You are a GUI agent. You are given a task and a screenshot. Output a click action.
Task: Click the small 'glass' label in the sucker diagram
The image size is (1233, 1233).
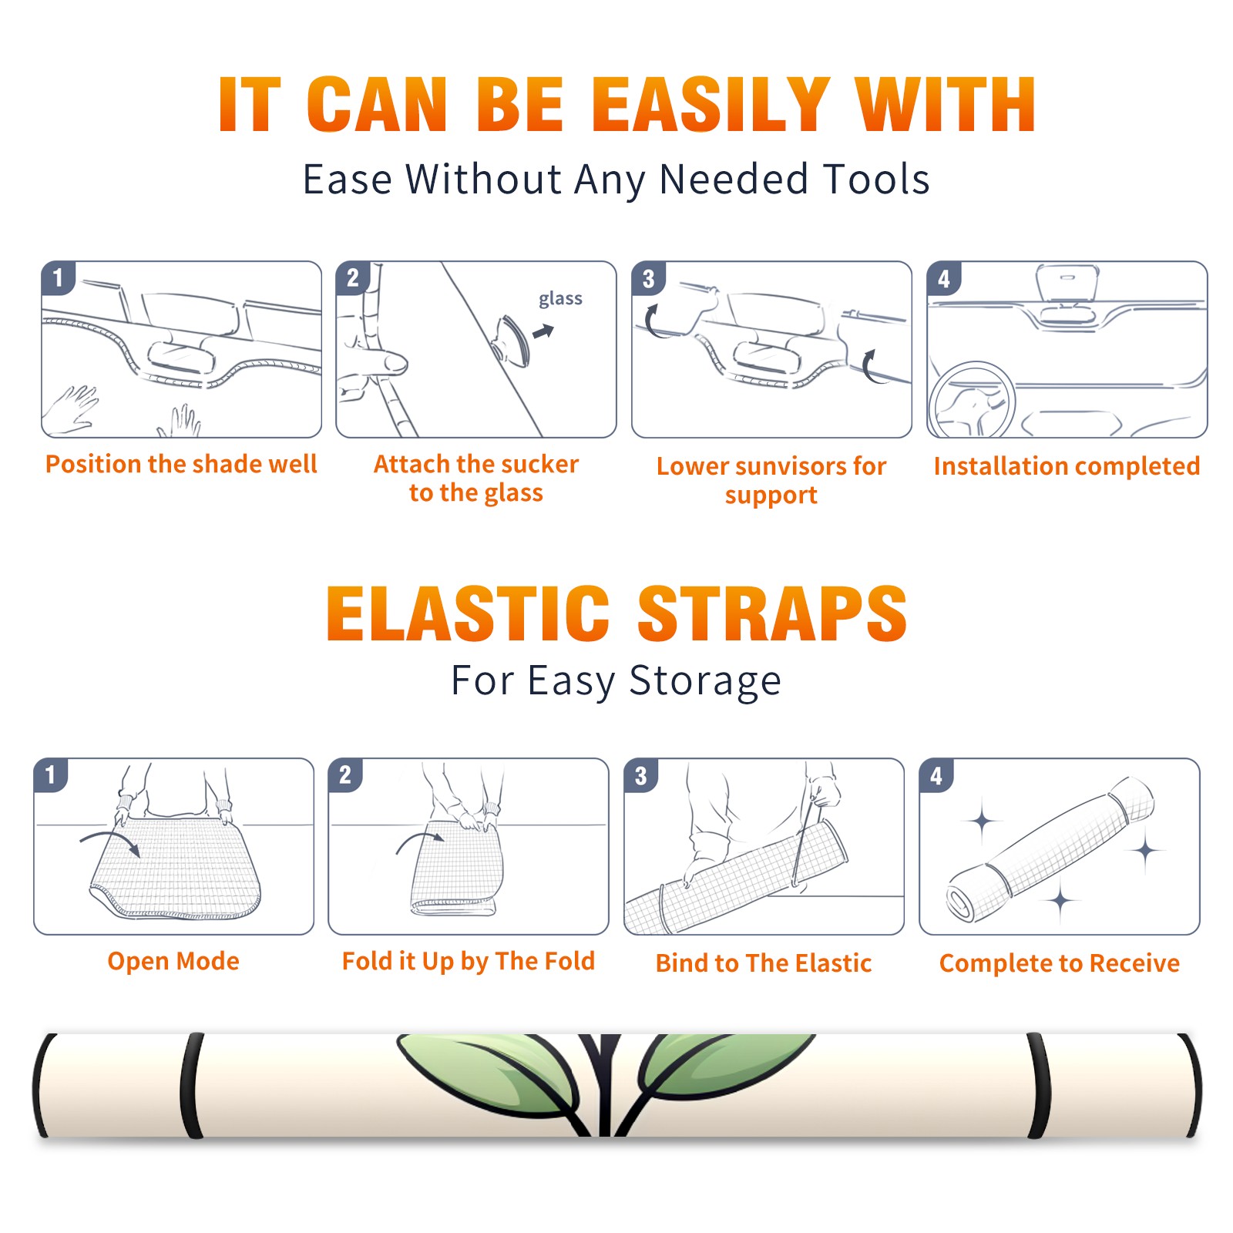(x=560, y=299)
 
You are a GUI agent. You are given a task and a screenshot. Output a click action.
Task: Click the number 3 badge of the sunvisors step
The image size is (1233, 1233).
(x=648, y=278)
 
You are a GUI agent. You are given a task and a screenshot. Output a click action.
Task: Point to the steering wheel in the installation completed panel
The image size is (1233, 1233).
(x=972, y=399)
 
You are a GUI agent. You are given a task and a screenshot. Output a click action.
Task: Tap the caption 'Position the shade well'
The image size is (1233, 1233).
(x=181, y=464)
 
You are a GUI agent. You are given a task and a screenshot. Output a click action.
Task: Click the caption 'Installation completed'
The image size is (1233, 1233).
(x=1067, y=465)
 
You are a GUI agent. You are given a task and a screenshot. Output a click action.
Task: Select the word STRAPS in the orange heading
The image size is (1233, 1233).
(x=772, y=613)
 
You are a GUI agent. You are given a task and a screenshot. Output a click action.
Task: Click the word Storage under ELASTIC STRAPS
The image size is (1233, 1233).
(x=705, y=681)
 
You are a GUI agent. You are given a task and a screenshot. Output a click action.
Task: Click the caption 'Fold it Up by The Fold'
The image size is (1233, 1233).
(x=469, y=961)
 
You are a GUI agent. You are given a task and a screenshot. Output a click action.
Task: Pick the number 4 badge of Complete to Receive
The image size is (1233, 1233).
(x=936, y=775)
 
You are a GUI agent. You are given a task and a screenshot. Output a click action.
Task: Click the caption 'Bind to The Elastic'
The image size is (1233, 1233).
(x=764, y=963)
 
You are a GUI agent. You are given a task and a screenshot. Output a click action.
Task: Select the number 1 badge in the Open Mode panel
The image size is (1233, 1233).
(x=51, y=775)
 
